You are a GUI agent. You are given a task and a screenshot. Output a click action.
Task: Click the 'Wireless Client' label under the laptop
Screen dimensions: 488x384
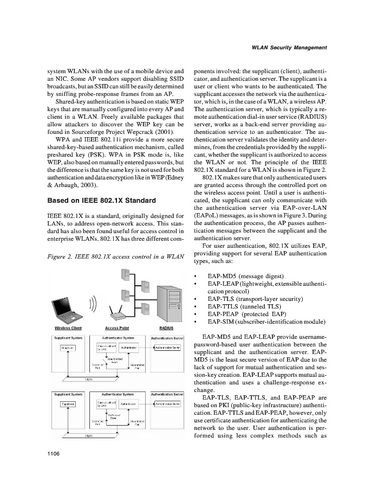[68, 328]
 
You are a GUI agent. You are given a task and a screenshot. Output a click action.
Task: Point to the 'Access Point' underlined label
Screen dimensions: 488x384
[116, 328]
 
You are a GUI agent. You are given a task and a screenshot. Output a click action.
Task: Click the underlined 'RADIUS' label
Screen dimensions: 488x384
[166, 328]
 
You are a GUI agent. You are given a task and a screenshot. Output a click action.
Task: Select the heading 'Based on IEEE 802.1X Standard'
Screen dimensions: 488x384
[102, 200]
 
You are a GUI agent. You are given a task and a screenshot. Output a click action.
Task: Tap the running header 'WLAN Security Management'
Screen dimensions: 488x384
[289, 48]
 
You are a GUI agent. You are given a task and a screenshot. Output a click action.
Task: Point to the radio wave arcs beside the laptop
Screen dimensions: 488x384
[93, 307]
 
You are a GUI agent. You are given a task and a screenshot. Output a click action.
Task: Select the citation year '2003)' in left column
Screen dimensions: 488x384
[72, 187]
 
